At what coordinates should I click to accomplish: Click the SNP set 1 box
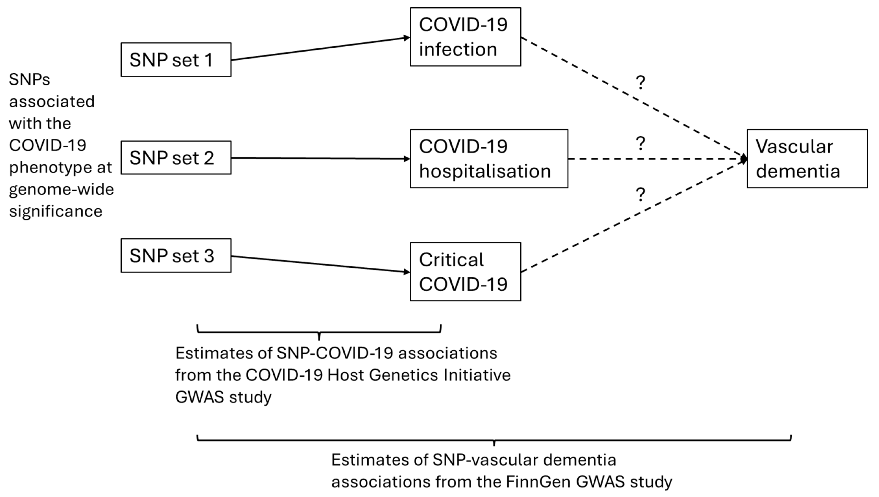pos(176,60)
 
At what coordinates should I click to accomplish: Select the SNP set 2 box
pos(176,158)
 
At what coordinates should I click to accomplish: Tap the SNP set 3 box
pos(176,255)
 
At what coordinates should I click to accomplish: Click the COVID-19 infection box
pos(465,37)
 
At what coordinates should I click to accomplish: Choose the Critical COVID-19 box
pos(465,272)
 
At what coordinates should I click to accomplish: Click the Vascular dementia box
pos(807,159)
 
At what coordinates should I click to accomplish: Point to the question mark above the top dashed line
pos(640,83)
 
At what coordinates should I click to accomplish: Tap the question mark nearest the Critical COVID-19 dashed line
pos(640,195)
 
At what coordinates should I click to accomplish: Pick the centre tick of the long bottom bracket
pos(494,443)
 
